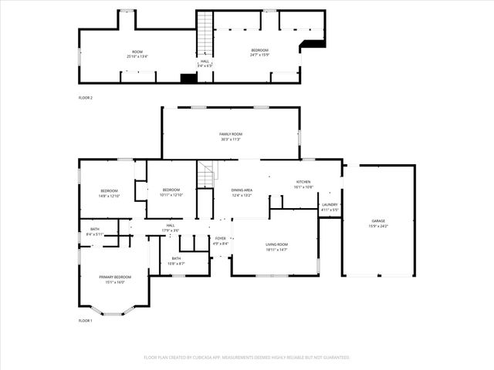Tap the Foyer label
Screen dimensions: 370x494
(x=221, y=240)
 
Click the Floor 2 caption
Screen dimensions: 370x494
(x=85, y=98)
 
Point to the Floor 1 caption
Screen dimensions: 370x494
(x=85, y=320)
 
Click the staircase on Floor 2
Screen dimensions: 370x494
(x=205, y=35)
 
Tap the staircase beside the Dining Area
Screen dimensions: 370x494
(x=205, y=176)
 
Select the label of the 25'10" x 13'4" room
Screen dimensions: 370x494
(x=137, y=54)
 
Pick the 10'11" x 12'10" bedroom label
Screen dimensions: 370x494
(x=171, y=192)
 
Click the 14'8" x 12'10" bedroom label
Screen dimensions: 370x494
(x=109, y=193)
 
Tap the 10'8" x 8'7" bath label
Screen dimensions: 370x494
(x=176, y=261)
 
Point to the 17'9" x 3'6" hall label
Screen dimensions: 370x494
(x=170, y=227)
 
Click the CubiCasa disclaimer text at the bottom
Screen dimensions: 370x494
(x=247, y=358)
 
